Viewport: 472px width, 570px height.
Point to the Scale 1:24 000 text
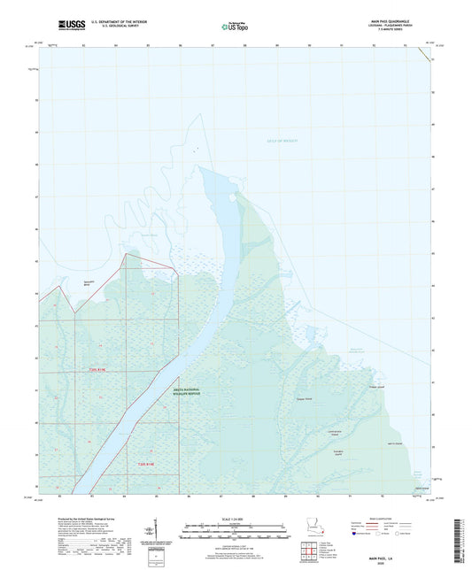tap(236, 519)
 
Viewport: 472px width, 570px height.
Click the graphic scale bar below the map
tap(236, 528)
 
